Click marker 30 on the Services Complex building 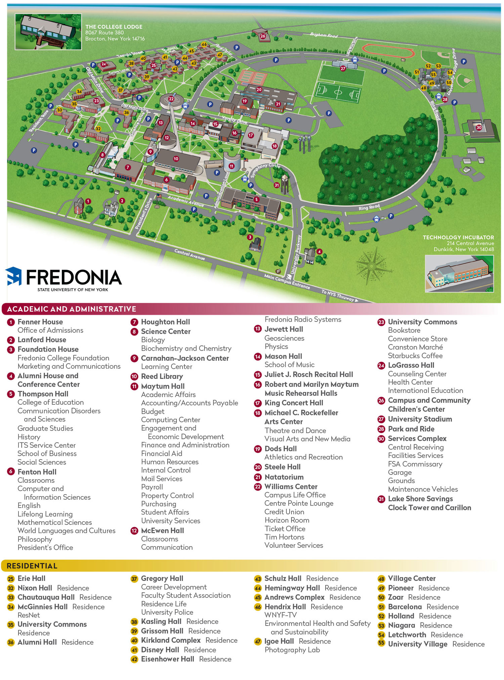point(479,127)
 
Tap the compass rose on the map point(372,266)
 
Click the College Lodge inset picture point(48,32)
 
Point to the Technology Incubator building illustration point(459,274)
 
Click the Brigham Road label point(324,35)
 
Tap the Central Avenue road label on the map point(190,254)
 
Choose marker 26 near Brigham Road point(263,36)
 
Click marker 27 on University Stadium point(343,68)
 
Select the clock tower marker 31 point(277,185)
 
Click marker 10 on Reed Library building point(176,159)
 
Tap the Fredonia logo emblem point(14,276)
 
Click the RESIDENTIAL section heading point(32,566)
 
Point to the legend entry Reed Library point(162,376)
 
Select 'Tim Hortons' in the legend point(284,537)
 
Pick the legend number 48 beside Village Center point(381,579)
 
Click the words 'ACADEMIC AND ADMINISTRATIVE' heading point(72,309)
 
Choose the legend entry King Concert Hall point(294,403)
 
